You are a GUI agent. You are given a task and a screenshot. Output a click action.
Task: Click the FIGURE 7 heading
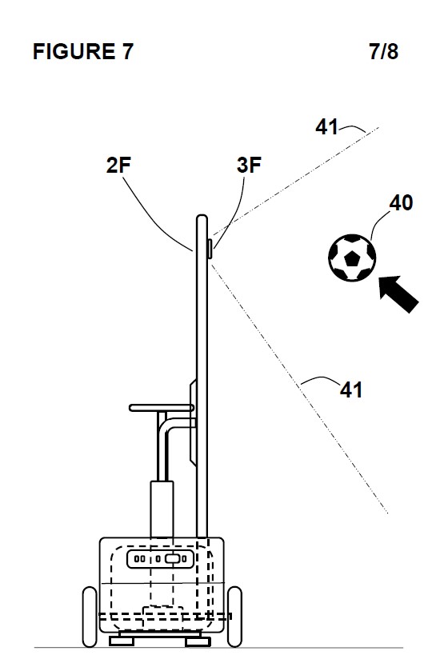(83, 52)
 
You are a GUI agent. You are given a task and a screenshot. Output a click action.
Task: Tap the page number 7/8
(384, 52)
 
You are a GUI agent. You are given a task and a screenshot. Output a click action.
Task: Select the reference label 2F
(118, 165)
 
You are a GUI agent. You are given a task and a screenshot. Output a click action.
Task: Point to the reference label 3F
(249, 165)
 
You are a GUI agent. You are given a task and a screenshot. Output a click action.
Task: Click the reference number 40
(401, 203)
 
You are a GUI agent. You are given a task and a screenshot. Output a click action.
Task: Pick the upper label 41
(326, 126)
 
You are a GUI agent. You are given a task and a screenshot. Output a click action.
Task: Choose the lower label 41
(351, 389)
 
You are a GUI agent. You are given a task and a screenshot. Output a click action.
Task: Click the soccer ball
(352, 258)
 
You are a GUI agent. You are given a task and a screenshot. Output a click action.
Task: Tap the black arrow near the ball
(398, 294)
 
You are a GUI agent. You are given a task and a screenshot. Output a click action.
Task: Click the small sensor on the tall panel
(210, 248)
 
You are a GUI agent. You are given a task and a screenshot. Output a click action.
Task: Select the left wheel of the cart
(90, 617)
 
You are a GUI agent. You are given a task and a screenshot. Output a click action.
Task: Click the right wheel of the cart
(234, 617)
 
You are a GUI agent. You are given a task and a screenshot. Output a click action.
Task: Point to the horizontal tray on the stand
(162, 408)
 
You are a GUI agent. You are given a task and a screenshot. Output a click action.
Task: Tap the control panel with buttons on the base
(161, 559)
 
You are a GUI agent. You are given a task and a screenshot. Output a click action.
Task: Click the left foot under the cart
(122, 641)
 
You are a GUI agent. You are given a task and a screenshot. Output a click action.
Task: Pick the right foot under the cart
(198, 641)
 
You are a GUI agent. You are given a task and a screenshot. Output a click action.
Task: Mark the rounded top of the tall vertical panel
(202, 218)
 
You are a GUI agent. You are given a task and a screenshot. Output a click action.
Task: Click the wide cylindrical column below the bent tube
(162, 509)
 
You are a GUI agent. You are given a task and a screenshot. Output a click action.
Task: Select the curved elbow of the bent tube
(166, 425)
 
